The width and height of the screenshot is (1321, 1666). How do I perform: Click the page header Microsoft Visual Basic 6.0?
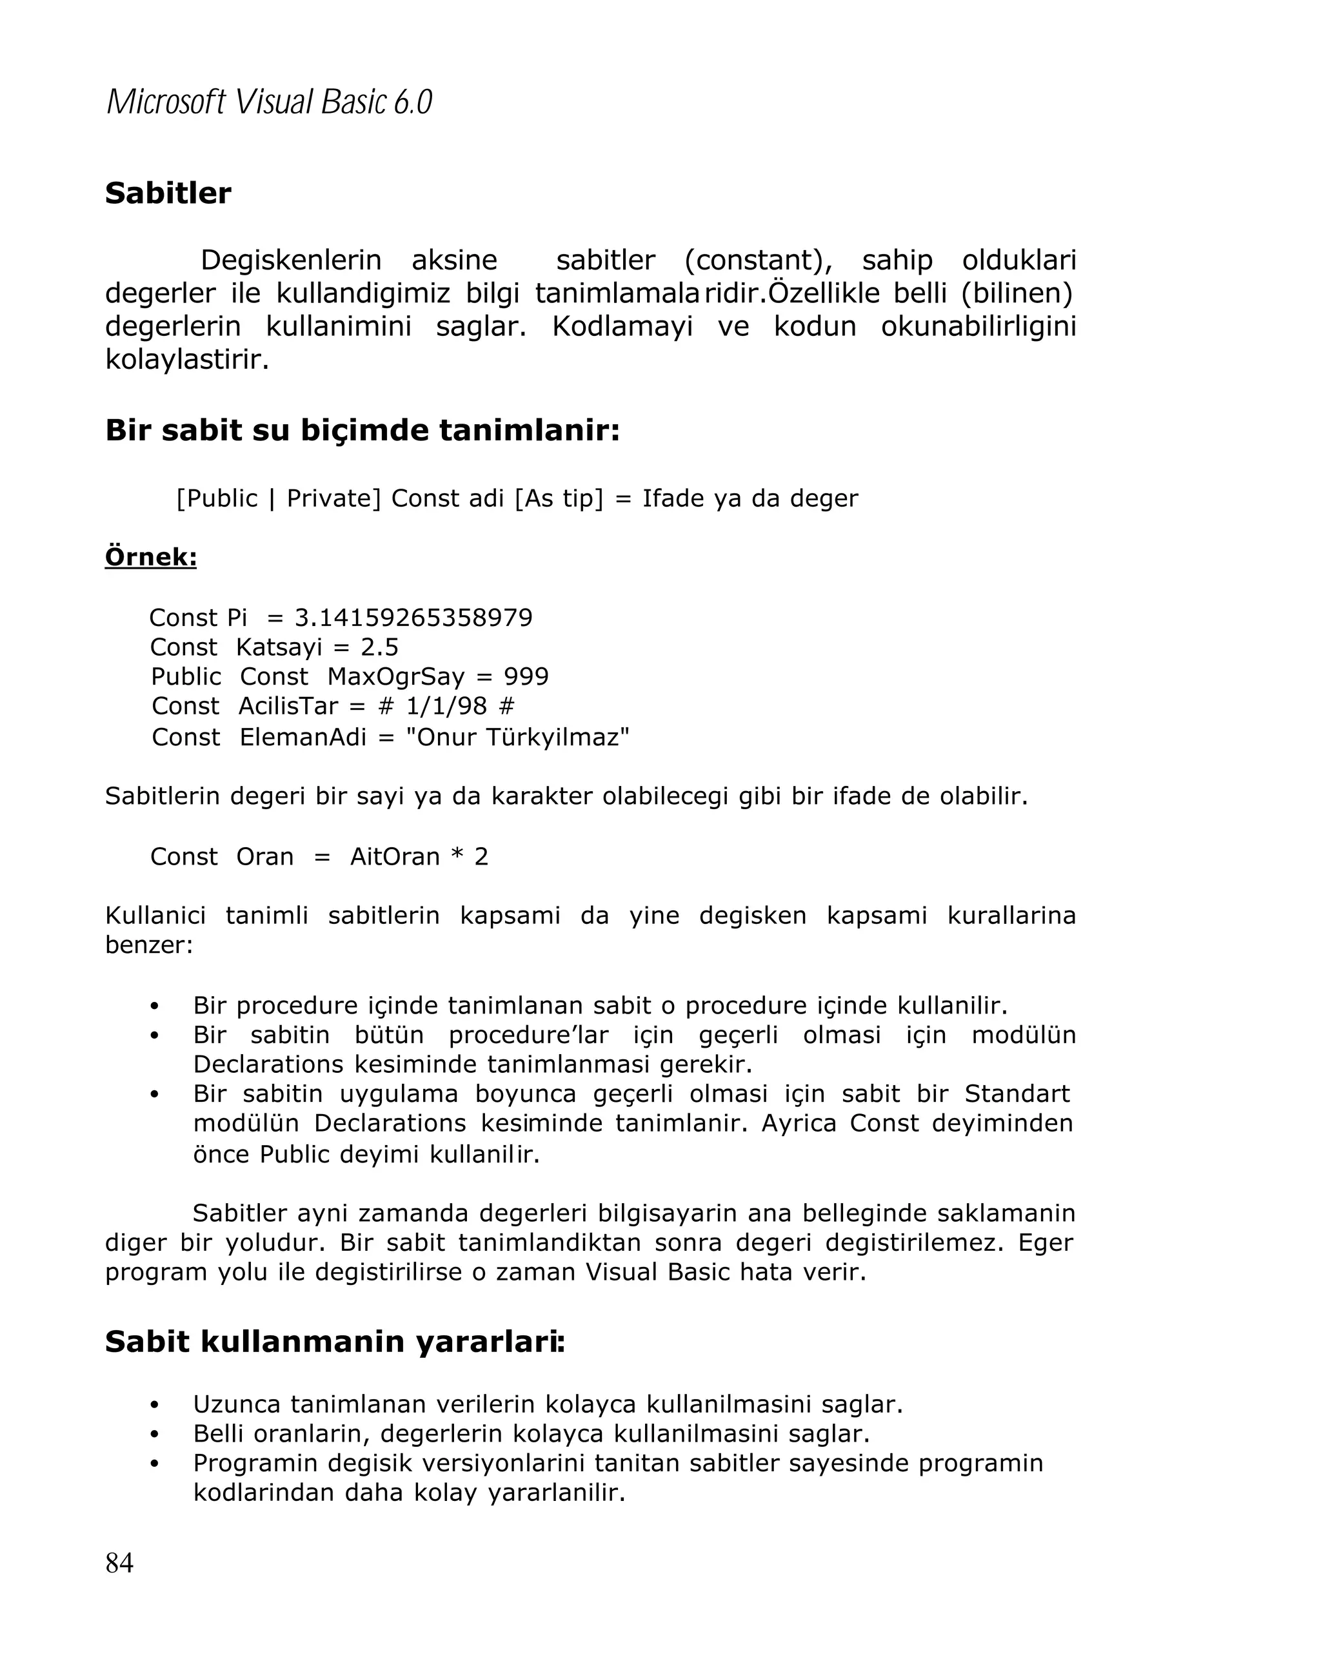[x=268, y=103]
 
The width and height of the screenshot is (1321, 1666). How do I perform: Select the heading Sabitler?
[x=168, y=193]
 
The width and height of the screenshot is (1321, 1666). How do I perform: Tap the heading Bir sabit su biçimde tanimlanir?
[x=362, y=431]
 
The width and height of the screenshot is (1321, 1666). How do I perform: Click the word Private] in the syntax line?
[x=333, y=498]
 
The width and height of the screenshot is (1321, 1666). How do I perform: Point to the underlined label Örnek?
[x=151, y=556]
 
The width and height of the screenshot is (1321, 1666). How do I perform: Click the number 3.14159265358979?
[x=413, y=618]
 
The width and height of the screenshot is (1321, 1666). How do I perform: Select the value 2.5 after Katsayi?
[x=379, y=647]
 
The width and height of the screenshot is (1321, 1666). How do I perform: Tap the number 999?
[x=526, y=676]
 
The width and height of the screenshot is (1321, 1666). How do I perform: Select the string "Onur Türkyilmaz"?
[x=517, y=737]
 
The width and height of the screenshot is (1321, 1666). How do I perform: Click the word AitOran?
[x=394, y=856]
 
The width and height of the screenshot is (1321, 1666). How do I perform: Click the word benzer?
[x=148, y=945]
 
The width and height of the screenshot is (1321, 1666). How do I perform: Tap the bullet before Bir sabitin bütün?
[x=155, y=1035]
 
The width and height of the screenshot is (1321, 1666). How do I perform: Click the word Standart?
[x=1017, y=1093]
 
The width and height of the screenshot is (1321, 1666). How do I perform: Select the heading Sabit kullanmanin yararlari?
[x=335, y=1342]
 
